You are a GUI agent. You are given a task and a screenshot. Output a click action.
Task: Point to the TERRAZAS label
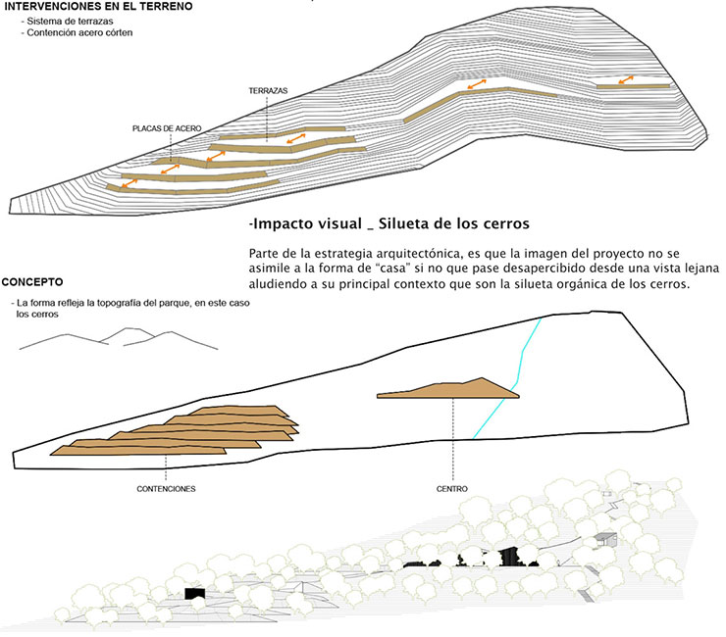point(267,90)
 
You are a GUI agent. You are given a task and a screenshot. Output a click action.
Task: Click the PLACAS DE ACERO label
point(167,128)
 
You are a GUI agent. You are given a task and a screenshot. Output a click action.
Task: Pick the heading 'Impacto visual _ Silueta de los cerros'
point(389,222)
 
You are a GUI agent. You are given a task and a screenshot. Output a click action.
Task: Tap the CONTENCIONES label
point(166,488)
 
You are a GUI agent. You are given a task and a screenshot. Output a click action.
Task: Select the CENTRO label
point(452,488)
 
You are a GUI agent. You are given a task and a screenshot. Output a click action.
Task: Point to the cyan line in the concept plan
point(510,377)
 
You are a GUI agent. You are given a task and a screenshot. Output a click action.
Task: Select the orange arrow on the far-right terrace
point(625,79)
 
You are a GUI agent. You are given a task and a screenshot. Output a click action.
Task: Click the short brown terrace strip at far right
point(633,86)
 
